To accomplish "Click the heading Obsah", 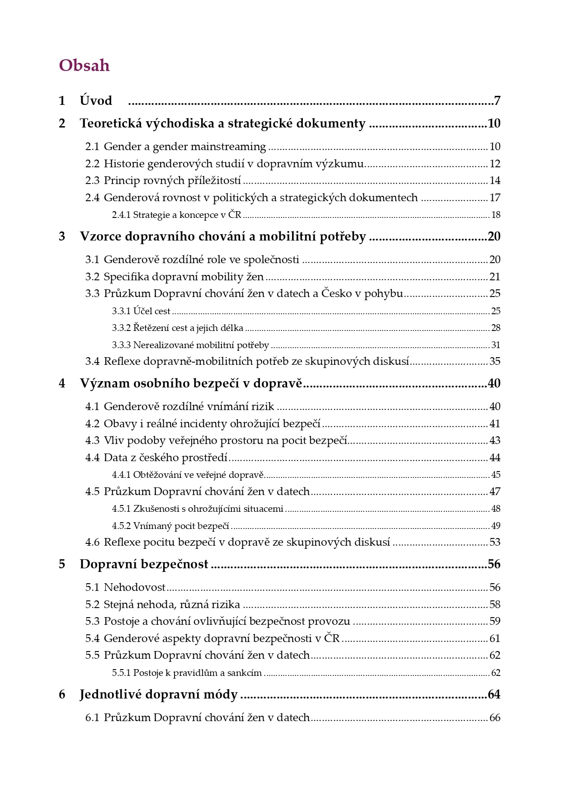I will tap(84, 66).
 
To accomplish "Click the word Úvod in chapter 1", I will tap(96, 100).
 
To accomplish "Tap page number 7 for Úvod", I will tap(497, 100).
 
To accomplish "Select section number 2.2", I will tap(92, 164).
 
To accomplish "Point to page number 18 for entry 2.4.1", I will tap(496, 215).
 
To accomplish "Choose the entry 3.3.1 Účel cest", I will tap(141, 311).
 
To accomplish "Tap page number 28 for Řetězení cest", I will tap(496, 328).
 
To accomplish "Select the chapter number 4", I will tap(62, 383).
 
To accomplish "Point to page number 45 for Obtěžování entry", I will tap(496, 475).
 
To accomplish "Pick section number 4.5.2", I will tap(121, 526).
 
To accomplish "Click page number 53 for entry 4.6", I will tap(495, 542).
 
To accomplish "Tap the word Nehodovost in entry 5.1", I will tap(135, 587).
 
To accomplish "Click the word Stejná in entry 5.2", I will tap(118, 604).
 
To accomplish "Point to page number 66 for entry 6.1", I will tap(495, 717).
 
